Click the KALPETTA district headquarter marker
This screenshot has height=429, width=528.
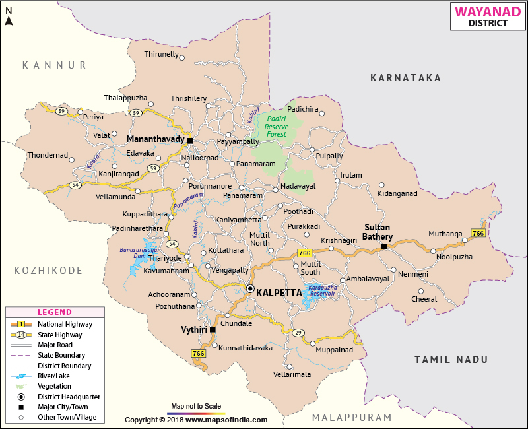click(x=250, y=288)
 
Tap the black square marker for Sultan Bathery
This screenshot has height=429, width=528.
click(x=383, y=247)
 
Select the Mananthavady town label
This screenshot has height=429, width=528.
click(x=156, y=140)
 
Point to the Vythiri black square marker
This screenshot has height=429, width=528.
click(x=213, y=329)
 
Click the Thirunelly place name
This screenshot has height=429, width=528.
click(x=161, y=54)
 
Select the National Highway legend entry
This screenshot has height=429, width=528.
click(x=64, y=324)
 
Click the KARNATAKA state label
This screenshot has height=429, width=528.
click(x=405, y=78)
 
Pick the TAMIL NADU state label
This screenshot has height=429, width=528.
click(x=451, y=359)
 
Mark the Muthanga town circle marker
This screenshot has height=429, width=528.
click(x=433, y=251)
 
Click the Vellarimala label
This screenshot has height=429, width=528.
click(x=292, y=374)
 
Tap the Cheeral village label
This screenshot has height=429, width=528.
click(x=424, y=299)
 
